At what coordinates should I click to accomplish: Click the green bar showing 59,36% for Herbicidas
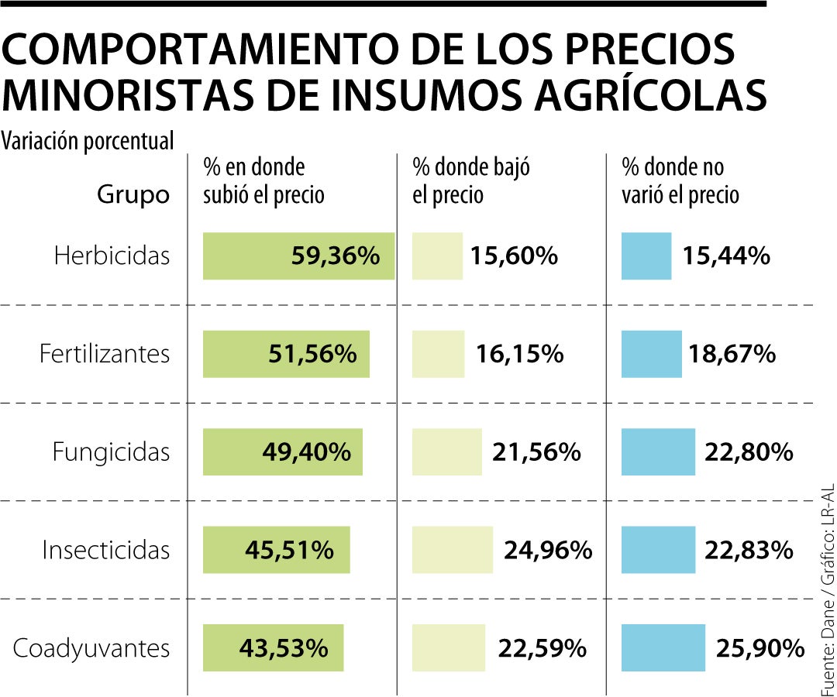[x=298, y=256]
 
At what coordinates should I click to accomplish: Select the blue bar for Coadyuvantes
[x=663, y=647]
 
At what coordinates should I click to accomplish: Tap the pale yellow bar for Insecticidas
[x=453, y=550]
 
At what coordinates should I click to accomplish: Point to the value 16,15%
[x=519, y=354]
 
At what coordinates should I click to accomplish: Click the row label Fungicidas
[x=111, y=452]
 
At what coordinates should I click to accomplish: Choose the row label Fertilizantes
[x=105, y=354]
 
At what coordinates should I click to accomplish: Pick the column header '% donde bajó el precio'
[x=471, y=181]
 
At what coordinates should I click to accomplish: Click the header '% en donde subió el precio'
[x=263, y=181]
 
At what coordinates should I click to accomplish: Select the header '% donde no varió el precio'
[x=680, y=181]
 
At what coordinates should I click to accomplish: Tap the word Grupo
[x=133, y=195]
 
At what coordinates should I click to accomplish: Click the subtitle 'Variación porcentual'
[x=88, y=141]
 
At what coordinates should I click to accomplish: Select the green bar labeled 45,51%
[x=276, y=550]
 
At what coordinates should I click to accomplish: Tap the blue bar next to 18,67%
[x=652, y=354]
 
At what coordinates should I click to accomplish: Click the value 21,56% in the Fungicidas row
[x=536, y=452]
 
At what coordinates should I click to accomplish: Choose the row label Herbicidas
[x=112, y=256]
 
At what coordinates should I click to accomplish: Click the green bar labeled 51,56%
[x=286, y=354]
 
